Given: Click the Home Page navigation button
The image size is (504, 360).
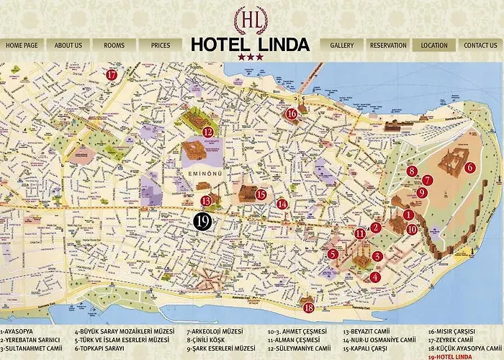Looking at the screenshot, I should pyautogui.click(x=22, y=45).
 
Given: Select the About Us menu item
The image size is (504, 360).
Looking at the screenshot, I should pyautogui.click(x=68, y=45).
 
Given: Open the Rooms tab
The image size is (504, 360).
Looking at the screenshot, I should pyautogui.click(x=114, y=45).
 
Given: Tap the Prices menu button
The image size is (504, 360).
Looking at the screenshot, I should pyautogui.click(x=160, y=45).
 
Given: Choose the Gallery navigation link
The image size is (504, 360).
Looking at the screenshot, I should pyautogui.click(x=341, y=45).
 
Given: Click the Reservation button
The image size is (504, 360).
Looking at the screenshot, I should pyautogui.click(x=388, y=45).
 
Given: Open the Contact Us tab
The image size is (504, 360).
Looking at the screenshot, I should pyautogui.click(x=480, y=45).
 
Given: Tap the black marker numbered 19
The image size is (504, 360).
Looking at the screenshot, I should pyautogui.click(x=203, y=222).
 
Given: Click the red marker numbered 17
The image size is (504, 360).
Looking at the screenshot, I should pyautogui.click(x=112, y=74).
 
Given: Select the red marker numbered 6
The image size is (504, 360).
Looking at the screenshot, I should pyautogui.click(x=469, y=167).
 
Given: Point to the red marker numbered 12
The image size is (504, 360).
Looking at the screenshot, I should pyautogui.click(x=207, y=132).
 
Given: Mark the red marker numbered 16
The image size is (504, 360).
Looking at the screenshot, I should pyautogui.click(x=291, y=113).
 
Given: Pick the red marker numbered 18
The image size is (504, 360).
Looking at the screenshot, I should pyautogui.click(x=308, y=307).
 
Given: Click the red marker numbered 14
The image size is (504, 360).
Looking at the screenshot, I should pyautogui.click(x=282, y=204).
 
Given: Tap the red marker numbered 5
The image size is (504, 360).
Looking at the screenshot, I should pyautogui.click(x=333, y=253).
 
